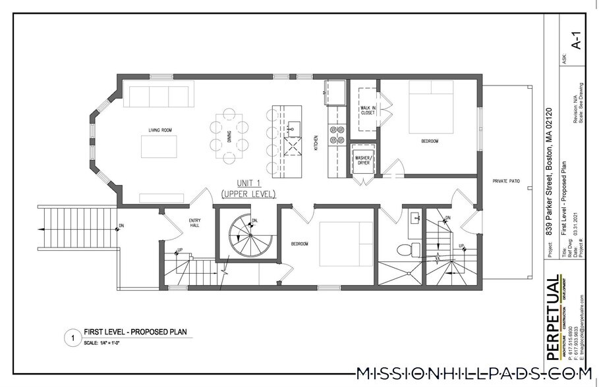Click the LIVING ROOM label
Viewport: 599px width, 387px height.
pos(160,130)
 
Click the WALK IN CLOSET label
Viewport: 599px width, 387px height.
pos(367,109)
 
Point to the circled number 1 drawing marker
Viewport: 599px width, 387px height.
pos(71,339)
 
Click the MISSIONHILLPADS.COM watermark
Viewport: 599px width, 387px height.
pos(473,374)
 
